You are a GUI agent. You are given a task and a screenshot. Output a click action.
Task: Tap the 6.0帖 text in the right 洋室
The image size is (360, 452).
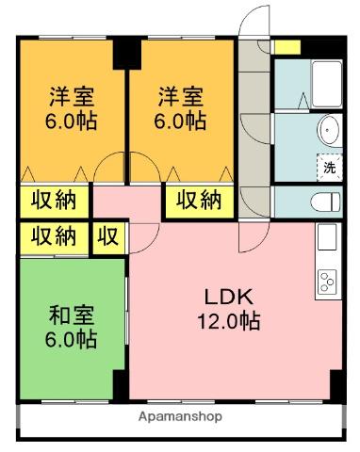coord(181,121)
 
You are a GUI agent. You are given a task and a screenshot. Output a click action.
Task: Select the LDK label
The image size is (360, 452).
coord(227,296)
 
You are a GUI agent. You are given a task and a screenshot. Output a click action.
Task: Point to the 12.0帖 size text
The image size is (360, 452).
coord(228,321)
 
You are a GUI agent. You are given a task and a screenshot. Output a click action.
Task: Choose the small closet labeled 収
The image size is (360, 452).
coord(108,236)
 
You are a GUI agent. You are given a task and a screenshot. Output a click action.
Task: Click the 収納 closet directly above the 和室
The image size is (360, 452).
coord(54,236)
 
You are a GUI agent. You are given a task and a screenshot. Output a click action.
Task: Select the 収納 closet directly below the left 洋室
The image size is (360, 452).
coord(54,201)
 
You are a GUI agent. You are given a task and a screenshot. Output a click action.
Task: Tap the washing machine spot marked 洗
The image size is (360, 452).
coord(329,168)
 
